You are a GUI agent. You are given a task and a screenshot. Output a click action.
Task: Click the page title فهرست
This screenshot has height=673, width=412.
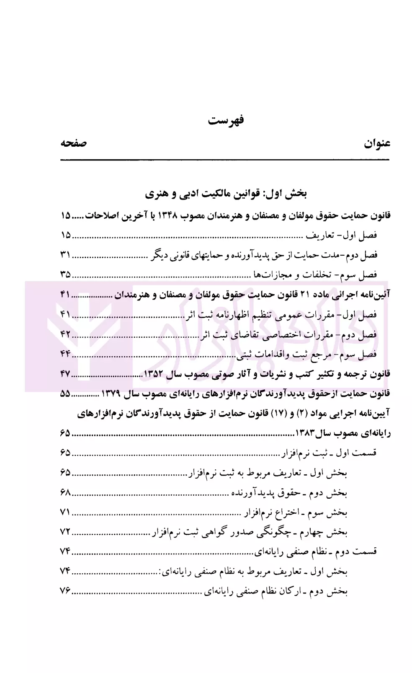coord(226,121)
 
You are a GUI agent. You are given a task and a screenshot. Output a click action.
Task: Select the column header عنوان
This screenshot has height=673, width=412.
coord(377,143)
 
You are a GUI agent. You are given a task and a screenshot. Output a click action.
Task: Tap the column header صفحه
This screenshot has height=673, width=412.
coord(74,143)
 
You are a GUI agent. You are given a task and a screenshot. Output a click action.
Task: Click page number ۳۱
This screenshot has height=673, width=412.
coord(66,254)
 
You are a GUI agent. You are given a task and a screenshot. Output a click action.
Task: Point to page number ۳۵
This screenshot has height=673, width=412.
coord(66,274)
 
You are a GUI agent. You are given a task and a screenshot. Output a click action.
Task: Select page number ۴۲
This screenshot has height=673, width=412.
coord(66,334)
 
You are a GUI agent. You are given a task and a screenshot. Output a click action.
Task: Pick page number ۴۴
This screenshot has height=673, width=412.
coord(66,354)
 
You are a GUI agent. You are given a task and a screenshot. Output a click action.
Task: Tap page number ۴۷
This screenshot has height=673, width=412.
coord(66,373)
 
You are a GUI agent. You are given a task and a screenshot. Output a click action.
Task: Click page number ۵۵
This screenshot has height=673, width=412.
coord(66,393)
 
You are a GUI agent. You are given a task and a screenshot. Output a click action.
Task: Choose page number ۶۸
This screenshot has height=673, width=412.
coord(66,492)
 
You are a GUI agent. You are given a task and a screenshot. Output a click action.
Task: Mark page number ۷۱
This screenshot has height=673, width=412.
coord(66,512)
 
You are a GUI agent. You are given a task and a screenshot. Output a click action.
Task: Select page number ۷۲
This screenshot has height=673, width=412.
coord(66,532)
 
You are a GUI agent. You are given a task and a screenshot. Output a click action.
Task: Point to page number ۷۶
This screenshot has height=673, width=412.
coord(66,591)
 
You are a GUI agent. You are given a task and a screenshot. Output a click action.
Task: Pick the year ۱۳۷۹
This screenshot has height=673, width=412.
coord(111,394)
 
